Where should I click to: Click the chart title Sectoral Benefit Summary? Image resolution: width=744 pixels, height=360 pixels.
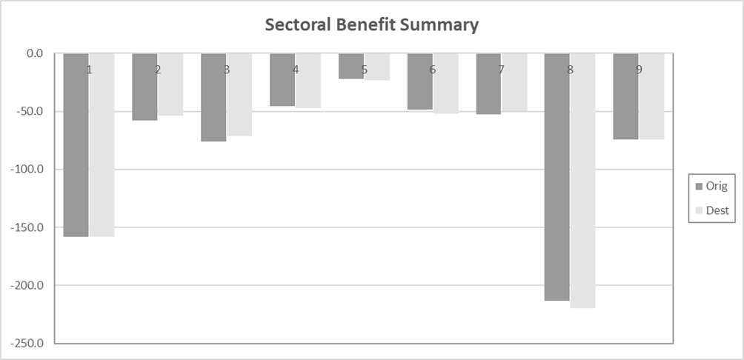point(372,25)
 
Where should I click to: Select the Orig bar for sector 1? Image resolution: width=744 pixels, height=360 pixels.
point(76,148)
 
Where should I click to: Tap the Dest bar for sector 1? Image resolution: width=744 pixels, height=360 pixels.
point(102,148)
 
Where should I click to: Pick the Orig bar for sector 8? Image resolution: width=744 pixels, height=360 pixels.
point(557,178)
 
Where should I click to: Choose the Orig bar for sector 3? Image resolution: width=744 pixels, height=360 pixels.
point(213,100)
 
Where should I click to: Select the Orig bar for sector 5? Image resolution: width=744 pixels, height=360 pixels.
point(351,67)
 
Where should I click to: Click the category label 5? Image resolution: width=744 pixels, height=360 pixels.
point(364,70)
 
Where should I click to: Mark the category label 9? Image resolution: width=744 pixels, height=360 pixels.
point(639,70)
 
